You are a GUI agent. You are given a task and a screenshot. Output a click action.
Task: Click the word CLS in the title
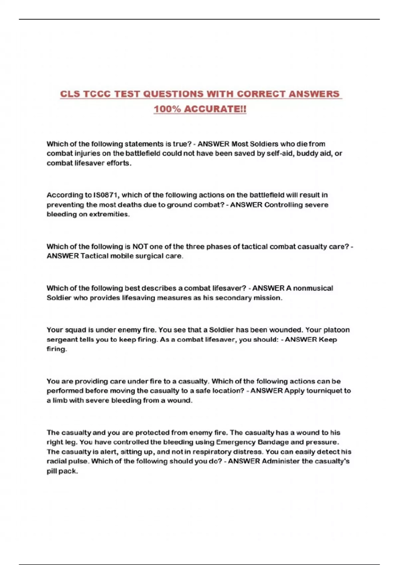click(70, 94)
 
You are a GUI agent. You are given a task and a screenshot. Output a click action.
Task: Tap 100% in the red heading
click(167, 109)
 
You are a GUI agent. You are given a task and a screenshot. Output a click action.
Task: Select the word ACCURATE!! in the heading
click(215, 109)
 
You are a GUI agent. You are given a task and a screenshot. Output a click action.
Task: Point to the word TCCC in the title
click(97, 94)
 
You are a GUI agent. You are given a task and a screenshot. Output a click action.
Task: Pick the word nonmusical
click(313, 288)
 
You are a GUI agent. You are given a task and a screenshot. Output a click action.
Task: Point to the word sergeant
click(62, 340)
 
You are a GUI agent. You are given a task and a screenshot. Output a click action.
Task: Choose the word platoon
click(336, 330)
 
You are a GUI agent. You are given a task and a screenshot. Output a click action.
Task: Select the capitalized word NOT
click(140, 247)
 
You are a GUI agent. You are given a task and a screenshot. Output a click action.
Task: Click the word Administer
click(281, 461)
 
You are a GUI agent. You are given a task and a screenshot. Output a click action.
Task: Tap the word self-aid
click(280, 154)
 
